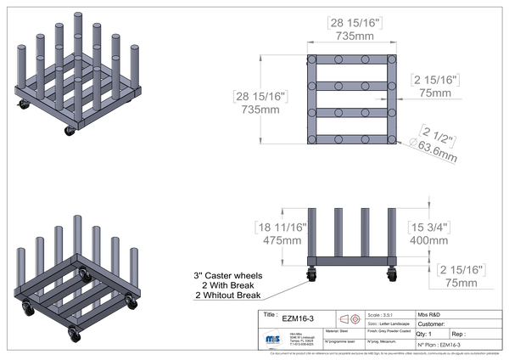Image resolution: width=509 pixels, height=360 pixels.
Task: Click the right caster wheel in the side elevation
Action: click(390, 273)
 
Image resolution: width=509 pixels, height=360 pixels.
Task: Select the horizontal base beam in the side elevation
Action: click(352, 260)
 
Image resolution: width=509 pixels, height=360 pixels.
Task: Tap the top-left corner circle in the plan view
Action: click(313, 60)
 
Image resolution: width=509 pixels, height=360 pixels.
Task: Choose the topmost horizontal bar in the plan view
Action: click(352, 60)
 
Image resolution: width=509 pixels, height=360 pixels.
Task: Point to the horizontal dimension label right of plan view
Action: click(434, 83)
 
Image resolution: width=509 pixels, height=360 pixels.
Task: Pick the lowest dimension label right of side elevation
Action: click(463, 273)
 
